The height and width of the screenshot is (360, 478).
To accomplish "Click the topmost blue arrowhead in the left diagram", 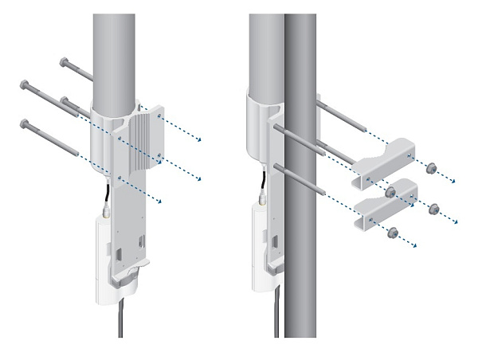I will pos(198,141).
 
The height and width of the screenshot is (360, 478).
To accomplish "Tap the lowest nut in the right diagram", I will pos(392,233).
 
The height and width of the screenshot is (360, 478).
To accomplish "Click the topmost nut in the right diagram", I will pos(430,168).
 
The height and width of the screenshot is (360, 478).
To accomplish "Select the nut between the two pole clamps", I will pos(390,192).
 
